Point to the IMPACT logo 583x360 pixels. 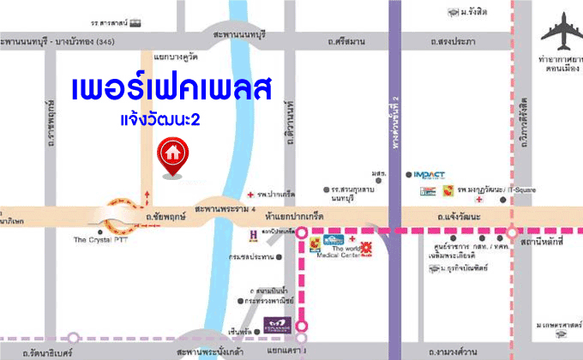[x=429, y=175]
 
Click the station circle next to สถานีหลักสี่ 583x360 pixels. [x=512, y=231]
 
